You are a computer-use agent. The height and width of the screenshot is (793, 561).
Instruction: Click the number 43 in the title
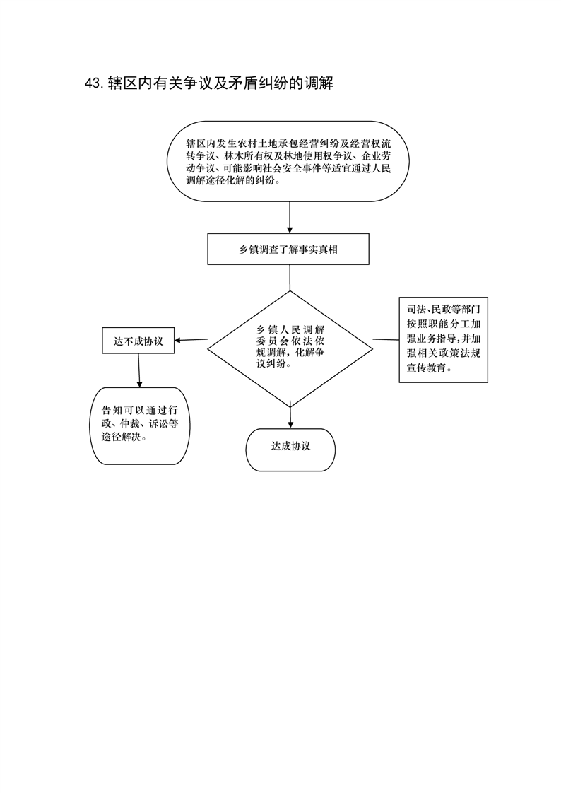point(93,83)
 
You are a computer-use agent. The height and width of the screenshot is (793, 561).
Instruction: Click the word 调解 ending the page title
point(319,83)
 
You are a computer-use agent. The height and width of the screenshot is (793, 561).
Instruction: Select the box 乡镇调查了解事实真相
point(288,249)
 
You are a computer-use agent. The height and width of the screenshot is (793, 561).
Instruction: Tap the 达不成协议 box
point(138,341)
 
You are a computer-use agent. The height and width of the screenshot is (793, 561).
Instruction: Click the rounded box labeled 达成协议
point(290,450)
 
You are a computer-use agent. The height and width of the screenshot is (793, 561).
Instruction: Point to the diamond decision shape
point(290,349)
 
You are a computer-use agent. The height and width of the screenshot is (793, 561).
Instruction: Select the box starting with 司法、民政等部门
point(443,339)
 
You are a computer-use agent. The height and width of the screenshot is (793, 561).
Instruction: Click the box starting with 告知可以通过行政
point(140,426)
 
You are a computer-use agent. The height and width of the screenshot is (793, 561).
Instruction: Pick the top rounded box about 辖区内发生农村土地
point(288,161)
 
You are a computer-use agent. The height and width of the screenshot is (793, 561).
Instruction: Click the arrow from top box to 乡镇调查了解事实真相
point(290,218)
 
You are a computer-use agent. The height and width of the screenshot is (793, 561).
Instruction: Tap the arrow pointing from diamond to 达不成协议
point(191,340)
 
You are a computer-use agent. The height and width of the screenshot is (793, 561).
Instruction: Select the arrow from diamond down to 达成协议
point(290,415)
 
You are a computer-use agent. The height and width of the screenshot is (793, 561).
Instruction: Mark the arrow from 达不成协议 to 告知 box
point(139,370)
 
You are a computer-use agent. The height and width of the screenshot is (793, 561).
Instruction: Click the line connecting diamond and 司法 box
point(386,339)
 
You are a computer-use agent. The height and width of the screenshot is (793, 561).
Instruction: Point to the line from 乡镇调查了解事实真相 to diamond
point(290,278)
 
